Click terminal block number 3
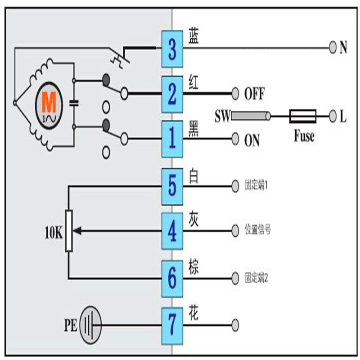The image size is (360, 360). [172, 49]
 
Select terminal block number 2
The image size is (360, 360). [172, 94]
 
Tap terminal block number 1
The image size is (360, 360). [172, 138]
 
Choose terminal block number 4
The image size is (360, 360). [172, 230]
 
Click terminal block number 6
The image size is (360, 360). [172, 277]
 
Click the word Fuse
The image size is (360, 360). [304, 136]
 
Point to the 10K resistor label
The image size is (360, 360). [54, 233]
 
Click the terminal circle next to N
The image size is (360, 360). [333, 46]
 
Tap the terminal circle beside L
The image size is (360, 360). [333, 117]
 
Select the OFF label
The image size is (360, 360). [254, 94]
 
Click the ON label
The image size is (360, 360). [252, 140]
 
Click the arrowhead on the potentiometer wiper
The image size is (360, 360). [77, 231]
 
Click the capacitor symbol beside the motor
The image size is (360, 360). [74, 104]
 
